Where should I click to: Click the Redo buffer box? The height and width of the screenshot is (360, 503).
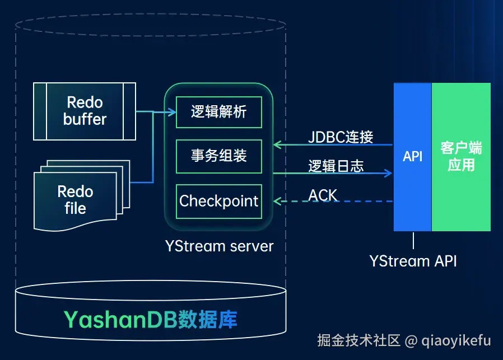tap(85, 111)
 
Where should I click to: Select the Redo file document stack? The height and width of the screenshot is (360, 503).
tap(82, 195)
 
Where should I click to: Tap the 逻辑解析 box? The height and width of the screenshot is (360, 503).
tap(219, 112)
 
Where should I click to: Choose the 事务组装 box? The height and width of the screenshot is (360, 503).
tap(219, 156)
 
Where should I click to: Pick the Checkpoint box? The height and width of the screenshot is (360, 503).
tap(219, 202)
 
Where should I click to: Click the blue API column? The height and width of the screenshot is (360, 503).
tap(412, 157)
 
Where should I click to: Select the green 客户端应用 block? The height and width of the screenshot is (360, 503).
tap(461, 157)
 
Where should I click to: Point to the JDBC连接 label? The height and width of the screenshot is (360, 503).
tap(341, 137)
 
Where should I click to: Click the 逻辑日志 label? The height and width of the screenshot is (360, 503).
tap(336, 166)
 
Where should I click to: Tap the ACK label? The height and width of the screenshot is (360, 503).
tap(323, 195)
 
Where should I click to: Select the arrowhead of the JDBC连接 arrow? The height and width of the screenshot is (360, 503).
tap(277, 144)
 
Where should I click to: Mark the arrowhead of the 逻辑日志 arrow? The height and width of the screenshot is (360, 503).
tap(388, 174)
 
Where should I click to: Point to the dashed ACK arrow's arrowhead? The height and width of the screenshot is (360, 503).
tap(277, 202)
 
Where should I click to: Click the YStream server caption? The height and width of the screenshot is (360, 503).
tap(220, 246)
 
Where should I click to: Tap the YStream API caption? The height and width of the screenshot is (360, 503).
tap(413, 261)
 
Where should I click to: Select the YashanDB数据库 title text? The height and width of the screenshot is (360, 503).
tap(151, 319)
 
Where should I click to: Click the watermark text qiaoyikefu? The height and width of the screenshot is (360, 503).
tap(456, 340)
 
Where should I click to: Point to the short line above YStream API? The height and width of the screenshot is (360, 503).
tap(413, 241)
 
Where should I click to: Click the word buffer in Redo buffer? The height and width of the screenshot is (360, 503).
tap(85, 119)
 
